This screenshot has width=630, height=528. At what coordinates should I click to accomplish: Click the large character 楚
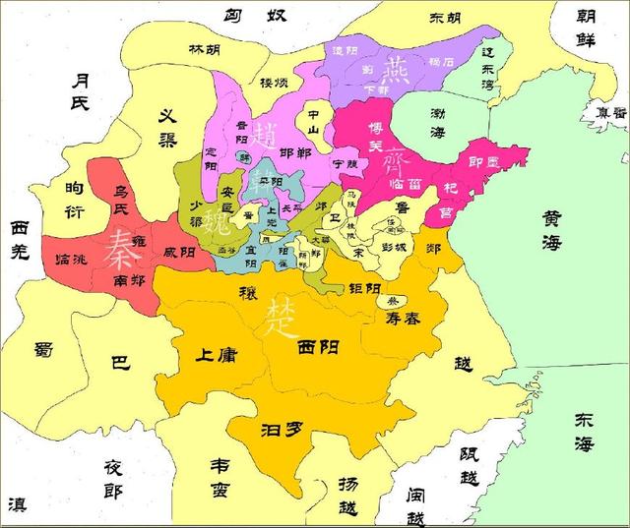(x=279, y=315)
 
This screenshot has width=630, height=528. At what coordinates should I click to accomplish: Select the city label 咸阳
(x=178, y=251)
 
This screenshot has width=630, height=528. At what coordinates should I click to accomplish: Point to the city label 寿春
(x=405, y=317)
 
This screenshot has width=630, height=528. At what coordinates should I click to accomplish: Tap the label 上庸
(x=216, y=355)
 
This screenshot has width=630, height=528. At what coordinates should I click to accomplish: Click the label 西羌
(x=26, y=239)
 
